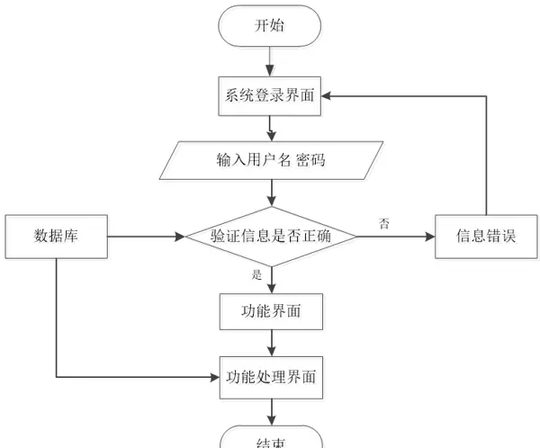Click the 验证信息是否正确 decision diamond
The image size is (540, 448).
pos(270,237)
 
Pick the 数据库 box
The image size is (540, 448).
pos(57,237)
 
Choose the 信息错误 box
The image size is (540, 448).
pos(485,237)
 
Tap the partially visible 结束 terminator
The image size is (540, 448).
pos(270,438)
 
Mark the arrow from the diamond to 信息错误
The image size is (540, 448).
pos(395,237)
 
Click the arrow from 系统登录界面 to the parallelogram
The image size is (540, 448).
pos(270,127)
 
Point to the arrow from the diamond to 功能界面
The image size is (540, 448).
pos(270,280)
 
